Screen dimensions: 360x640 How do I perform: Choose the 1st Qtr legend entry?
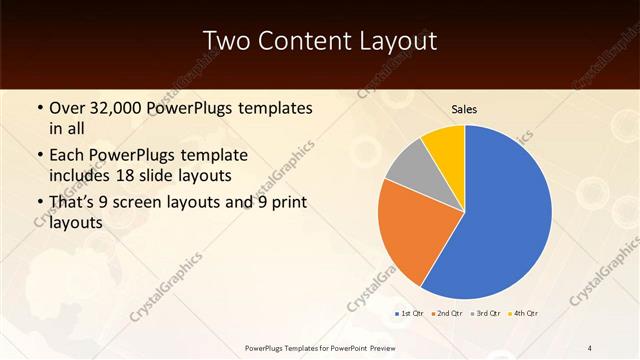tap(411, 314)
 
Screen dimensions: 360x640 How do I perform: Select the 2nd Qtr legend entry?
tap(446, 314)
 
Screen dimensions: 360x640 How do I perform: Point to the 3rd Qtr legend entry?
tap(484, 314)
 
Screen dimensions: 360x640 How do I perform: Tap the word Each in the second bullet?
tap(66, 155)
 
